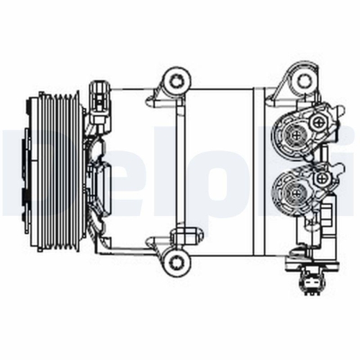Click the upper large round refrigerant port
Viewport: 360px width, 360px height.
pyautogui.click(x=295, y=133)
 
